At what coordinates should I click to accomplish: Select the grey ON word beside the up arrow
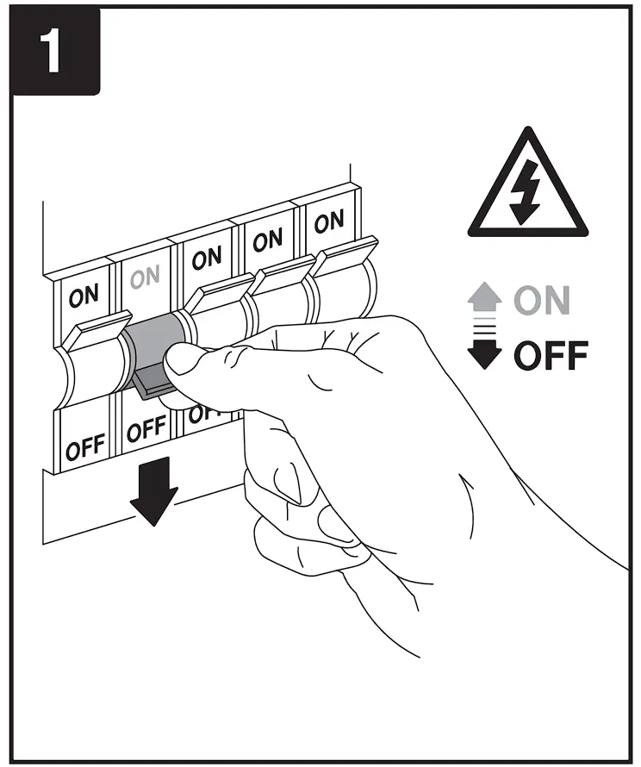pos(542,302)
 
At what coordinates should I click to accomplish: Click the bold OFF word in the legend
pos(551,355)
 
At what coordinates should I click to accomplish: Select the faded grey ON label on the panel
pos(145,277)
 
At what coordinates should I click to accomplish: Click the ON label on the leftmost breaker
pos(84,296)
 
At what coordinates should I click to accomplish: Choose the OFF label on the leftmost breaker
pos(85,448)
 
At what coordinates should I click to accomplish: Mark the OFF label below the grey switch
pos(146,428)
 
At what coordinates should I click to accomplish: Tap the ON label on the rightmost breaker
pos(328,223)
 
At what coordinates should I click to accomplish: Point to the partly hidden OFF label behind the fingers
pos(199,415)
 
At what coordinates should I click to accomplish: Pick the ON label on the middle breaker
pos(206,258)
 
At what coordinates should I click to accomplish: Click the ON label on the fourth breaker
pos(267,240)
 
